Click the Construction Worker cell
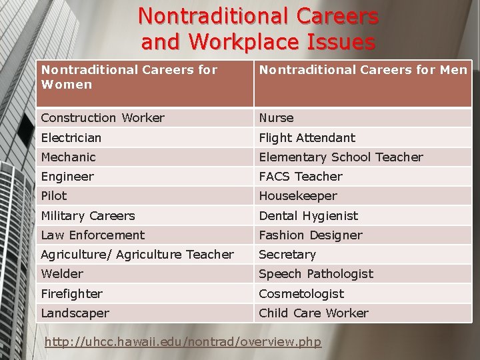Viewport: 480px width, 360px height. pos(103,118)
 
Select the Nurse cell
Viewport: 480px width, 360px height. pos(276,118)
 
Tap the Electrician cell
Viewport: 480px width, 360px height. pos(71,138)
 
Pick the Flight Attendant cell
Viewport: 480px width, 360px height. pos(307,138)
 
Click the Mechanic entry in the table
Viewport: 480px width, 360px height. pos(69,157)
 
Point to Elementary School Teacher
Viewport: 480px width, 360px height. pos(341,157)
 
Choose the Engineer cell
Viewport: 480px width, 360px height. pos(67,177)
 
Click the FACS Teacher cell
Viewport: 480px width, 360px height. pos(301,177)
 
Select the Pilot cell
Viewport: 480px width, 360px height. pos(54,196)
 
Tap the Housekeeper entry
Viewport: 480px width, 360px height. pos(298,196)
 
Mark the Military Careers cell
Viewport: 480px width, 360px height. pos(88,216)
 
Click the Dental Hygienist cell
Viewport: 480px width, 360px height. pos(308,216)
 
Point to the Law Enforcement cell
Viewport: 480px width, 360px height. pos(93,235)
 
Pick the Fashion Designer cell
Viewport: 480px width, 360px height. pos(311,235)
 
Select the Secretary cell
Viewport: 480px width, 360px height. pos(287,255)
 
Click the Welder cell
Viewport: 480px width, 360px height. pos(62,274)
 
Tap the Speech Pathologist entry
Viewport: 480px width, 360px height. pos(316,274)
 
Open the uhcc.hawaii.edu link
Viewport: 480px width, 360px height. pos(183,342)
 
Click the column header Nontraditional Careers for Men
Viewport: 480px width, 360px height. pos(363,69)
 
